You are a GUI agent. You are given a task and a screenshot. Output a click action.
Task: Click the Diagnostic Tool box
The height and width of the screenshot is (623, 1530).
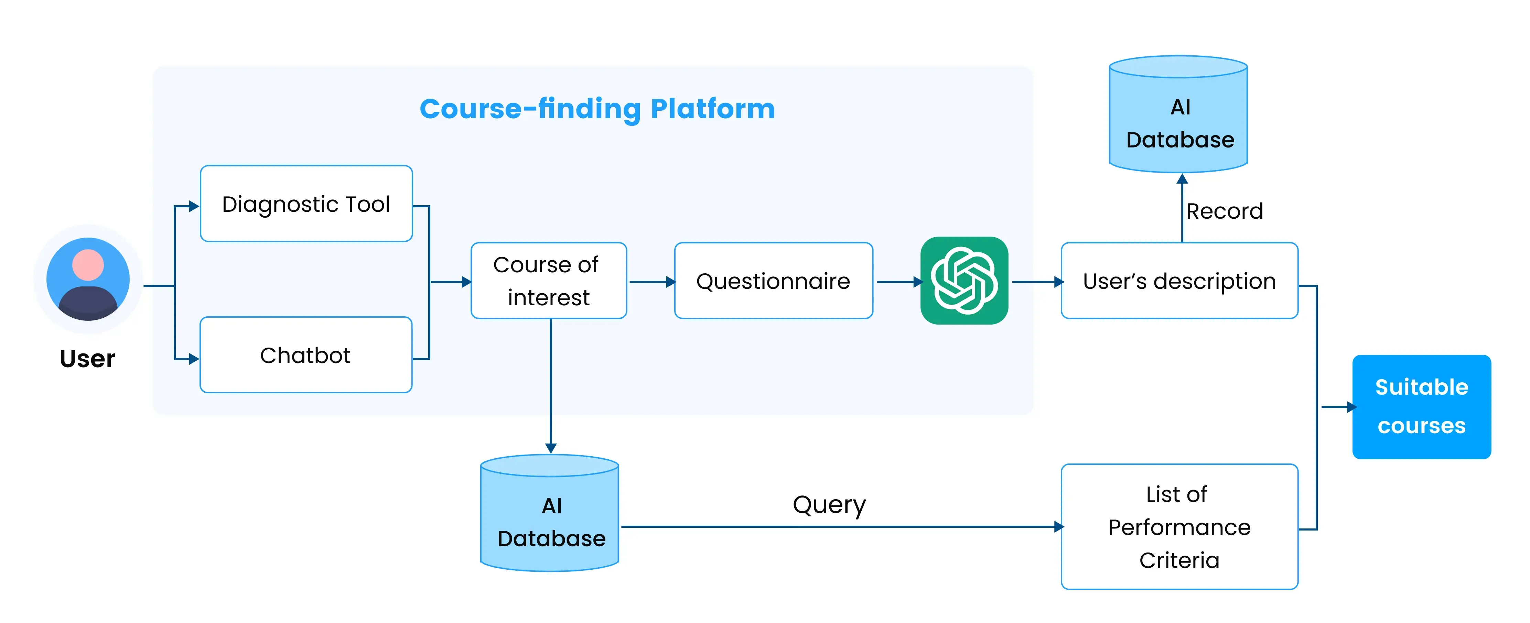click(x=306, y=204)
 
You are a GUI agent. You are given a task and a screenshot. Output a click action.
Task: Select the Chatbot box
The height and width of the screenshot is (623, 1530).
click(x=306, y=355)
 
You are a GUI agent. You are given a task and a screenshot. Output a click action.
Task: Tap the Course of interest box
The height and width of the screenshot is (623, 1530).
click(x=548, y=280)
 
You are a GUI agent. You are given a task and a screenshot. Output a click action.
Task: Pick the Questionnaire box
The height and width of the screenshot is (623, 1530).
click(x=773, y=280)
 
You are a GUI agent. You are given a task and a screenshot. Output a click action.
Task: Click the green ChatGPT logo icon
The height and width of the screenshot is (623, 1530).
click(x=964, y=280)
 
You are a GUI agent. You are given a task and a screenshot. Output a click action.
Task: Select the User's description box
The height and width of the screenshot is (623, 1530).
click(x=1179, y=280)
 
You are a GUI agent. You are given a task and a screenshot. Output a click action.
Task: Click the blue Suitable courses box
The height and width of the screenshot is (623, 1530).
click(x=1421, y=407)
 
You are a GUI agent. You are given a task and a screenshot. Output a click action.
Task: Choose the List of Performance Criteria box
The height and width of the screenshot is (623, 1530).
click(x=1179, y=527)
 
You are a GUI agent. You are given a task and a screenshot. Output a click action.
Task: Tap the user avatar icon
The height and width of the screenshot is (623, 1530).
click(x=88, y=279)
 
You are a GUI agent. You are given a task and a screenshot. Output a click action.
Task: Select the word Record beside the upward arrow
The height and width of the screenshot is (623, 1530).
click(x=1224, y=211)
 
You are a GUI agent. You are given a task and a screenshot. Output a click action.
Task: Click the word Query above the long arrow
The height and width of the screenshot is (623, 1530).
click(x=829, y=505)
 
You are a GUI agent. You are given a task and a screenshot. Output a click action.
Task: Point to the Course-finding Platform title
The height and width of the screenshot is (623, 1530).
click(x=597, y=109)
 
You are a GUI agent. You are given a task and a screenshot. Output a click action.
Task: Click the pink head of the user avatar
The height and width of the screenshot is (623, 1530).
click(x=88, y=264)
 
